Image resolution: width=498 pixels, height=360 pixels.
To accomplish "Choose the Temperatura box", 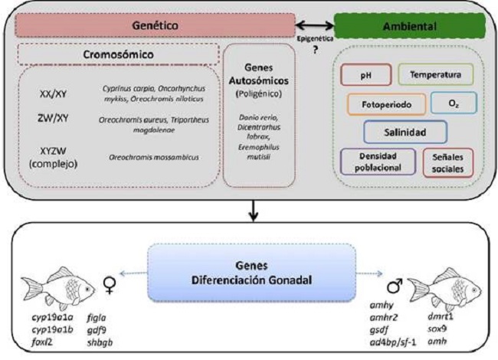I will click(435, 75).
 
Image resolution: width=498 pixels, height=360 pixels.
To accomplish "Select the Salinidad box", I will click(405, 131).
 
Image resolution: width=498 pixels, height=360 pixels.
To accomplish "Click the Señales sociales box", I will click(447, 162).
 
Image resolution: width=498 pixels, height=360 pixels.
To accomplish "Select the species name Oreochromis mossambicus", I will click(150, 156).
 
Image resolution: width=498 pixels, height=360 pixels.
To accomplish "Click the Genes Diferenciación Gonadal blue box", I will click(250, 271).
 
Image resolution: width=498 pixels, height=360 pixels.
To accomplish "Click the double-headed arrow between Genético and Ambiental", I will click(314, 25).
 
